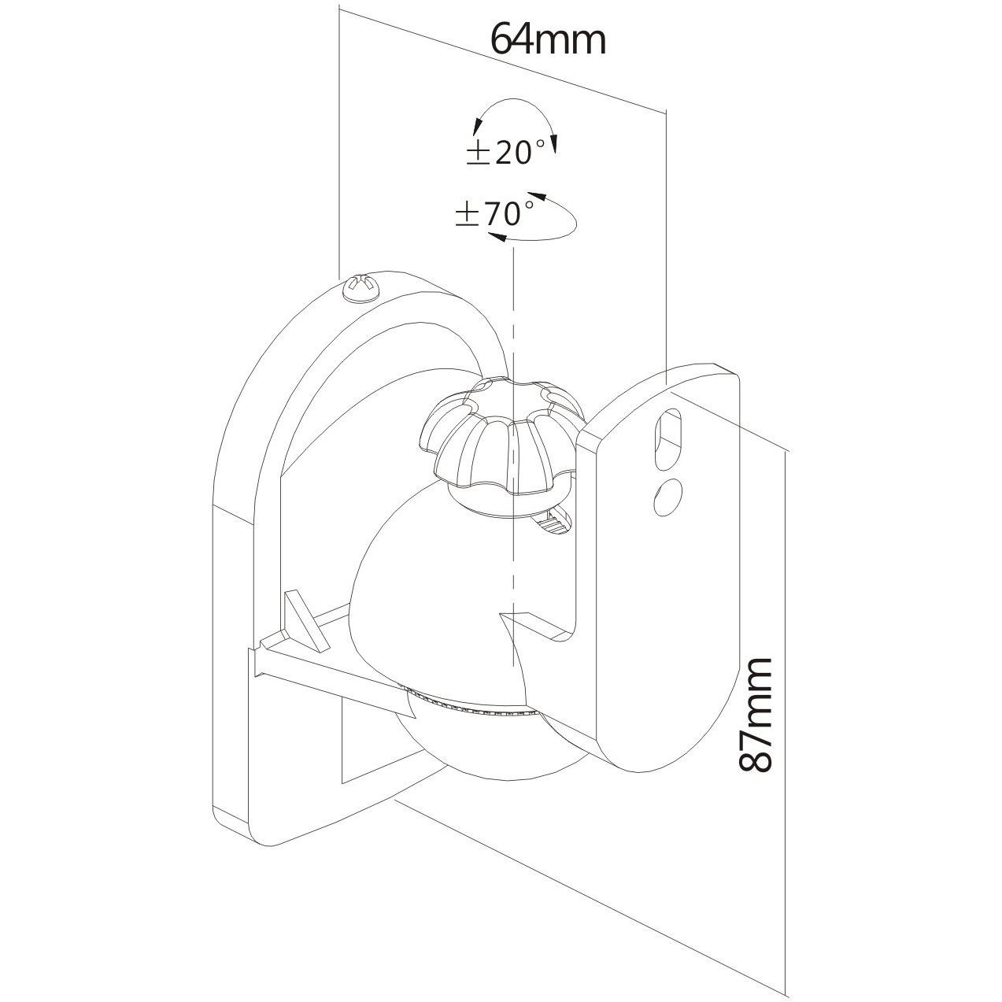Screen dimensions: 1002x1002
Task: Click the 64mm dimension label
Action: coord(549,39)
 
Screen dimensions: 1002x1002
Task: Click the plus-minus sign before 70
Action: coord(468,215)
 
